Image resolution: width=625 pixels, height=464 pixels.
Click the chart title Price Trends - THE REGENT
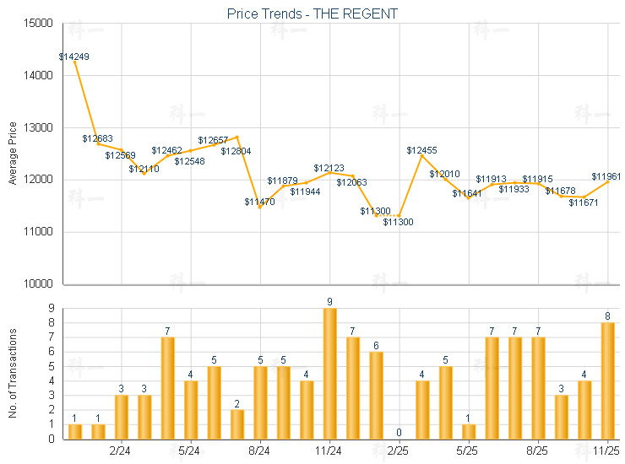(312, 13)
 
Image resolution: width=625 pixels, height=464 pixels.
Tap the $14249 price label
(74, 57)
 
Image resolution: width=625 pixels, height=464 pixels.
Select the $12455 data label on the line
(421, 150)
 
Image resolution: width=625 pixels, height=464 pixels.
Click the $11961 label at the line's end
(606, 176)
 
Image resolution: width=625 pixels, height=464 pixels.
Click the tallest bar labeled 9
(329, 373)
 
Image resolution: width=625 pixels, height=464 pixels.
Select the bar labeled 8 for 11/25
(606, 380)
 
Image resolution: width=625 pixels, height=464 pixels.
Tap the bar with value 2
(237, 424)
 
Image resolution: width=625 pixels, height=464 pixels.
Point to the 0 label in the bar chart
(399, 433)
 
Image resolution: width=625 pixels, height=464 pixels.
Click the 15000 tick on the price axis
(40, 24)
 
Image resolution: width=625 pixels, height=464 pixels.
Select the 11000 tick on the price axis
(40, 232)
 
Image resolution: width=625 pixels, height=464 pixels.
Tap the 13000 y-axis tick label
(40, 128)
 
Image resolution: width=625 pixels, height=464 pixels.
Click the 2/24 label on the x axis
(122, 450)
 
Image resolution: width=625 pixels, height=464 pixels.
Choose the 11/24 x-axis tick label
(329, 450)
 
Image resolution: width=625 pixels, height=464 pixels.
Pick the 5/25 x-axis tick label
(468, 450)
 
